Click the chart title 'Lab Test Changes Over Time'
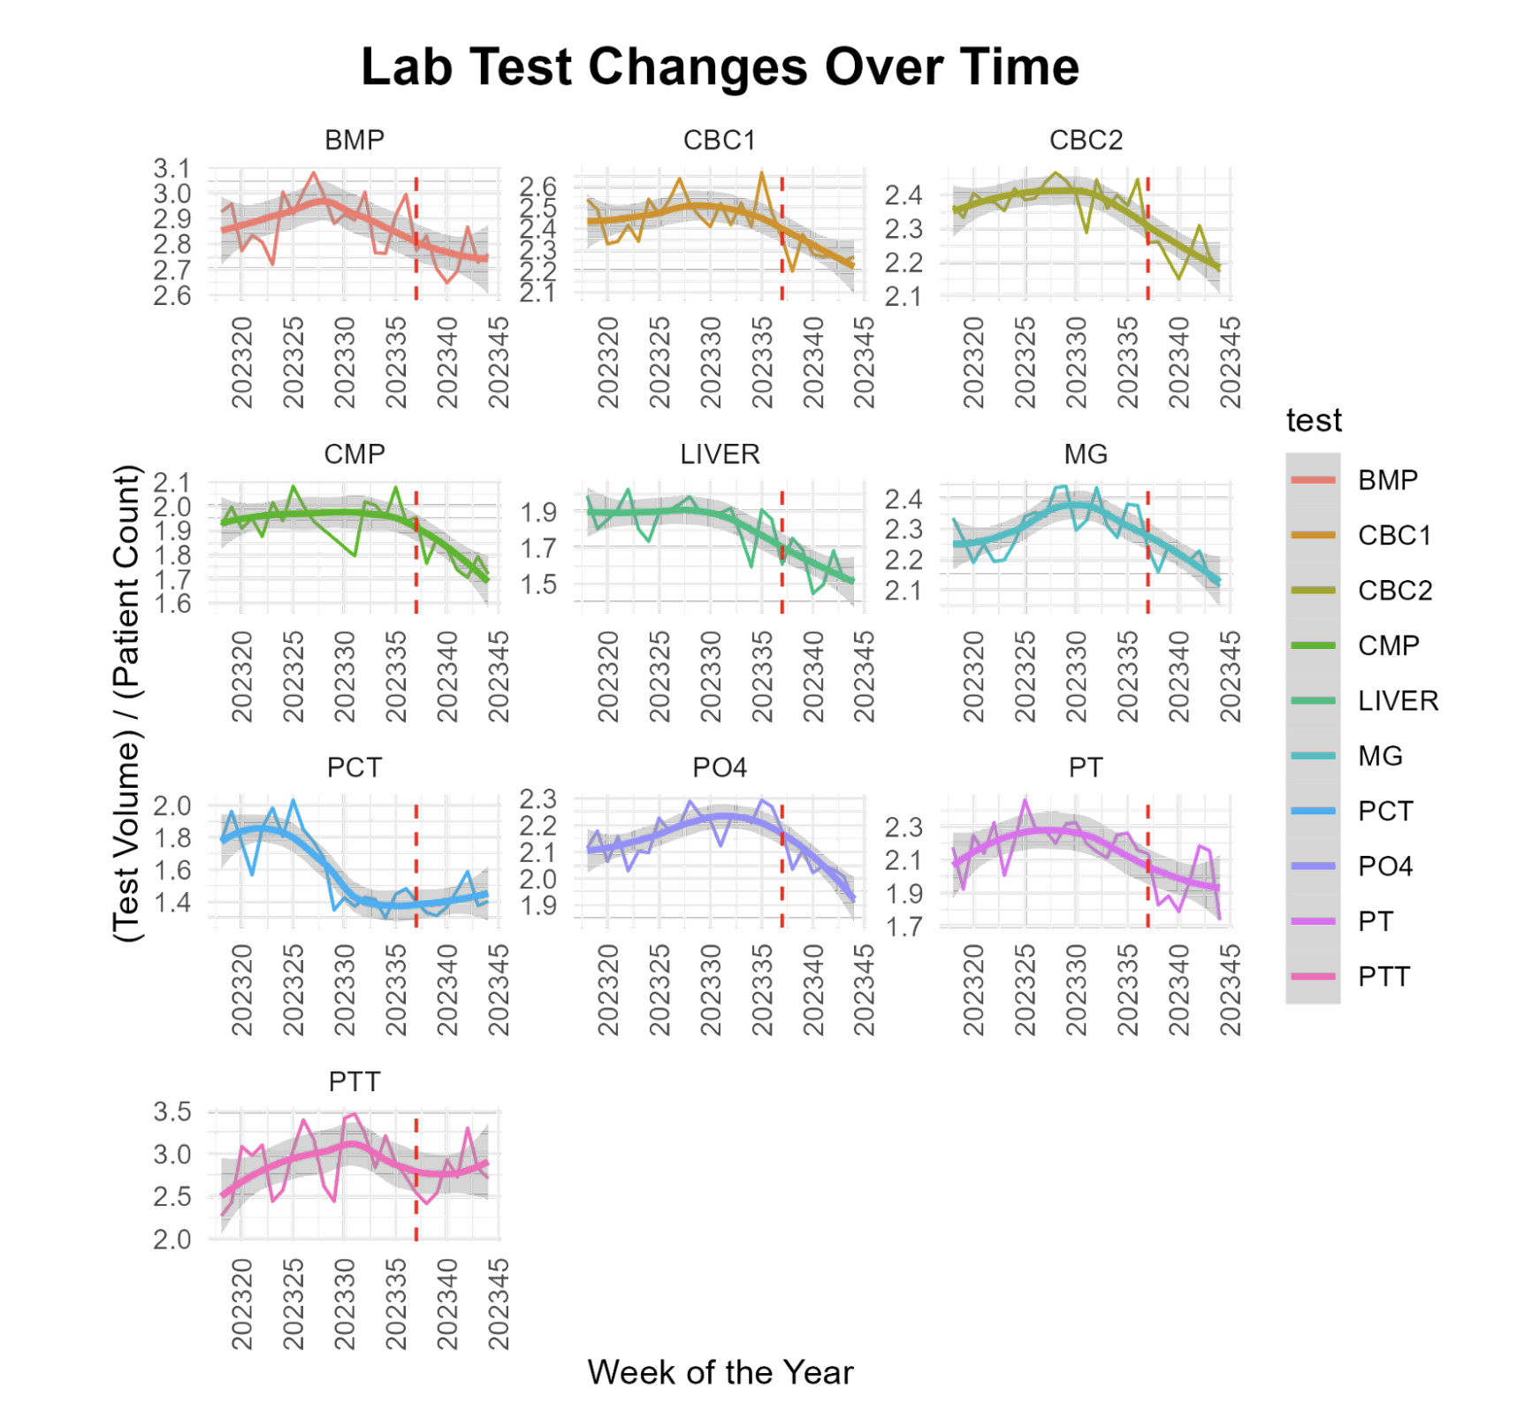point(720,67)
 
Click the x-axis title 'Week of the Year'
point(720,1372)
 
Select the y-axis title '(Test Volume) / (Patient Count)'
point(127,703)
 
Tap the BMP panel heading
point(354,140)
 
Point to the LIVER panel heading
point(720,454)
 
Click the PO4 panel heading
point(720,767)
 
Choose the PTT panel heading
point(354,1081)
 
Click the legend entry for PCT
point(1385,811)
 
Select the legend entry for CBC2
point(1394,590)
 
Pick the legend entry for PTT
point(1384,977)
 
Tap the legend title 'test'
point(1314,421)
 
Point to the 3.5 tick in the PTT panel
point(172,1111)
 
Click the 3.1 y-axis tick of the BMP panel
point(172,168)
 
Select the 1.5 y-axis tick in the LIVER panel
point(538,584)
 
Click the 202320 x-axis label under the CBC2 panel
point(972,362)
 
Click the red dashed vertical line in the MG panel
point(1147,548)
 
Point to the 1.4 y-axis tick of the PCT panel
point(172,903)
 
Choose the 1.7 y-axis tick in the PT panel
point(904,927)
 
